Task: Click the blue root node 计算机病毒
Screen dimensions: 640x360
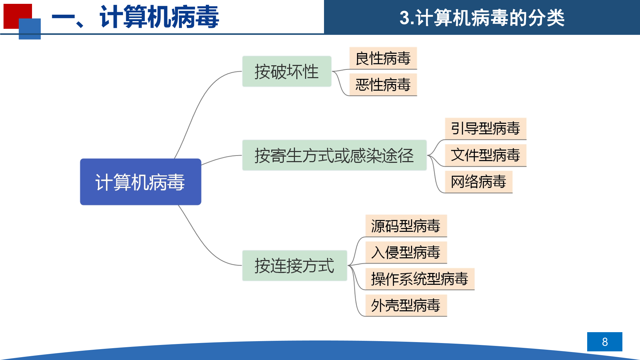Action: coord(141,182)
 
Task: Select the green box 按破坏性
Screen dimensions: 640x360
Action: coord(287,71)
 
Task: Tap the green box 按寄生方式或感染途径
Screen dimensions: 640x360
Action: coord(335,155)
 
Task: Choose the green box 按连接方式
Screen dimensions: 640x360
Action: coord(295,266)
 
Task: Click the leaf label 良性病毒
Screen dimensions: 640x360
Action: coord(383,58)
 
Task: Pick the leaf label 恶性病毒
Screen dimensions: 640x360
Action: coord(383,85)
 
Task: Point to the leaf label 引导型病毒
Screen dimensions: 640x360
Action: coord(486,129)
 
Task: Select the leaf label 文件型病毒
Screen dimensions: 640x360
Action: coord(486,155)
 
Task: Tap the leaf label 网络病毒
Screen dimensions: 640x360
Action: coord(479,182)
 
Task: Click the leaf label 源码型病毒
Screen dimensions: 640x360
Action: coord(406,226)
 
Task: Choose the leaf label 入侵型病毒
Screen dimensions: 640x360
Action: coord(406,252)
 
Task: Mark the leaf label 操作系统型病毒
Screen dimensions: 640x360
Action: coord(420,279)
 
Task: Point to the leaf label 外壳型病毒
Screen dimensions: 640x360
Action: coord(406,306)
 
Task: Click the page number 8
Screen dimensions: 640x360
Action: coord(605,342)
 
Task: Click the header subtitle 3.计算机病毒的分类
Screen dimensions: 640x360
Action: coord(482,18)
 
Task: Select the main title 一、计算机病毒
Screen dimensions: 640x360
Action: coord(135,17)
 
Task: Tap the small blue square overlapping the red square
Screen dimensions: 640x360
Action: coord(30,29)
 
